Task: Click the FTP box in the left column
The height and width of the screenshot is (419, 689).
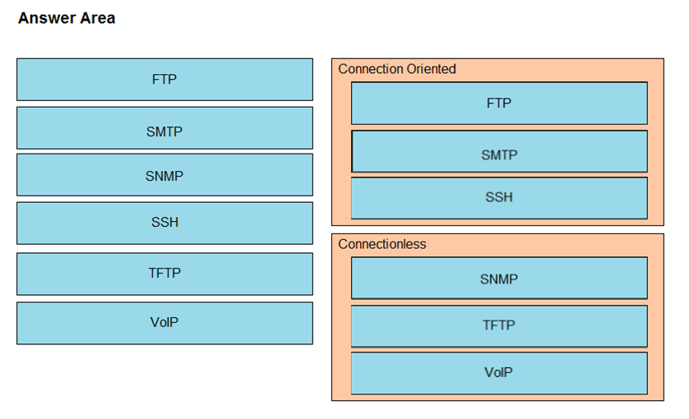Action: (164, 80)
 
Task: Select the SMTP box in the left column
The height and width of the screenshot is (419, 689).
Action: (164, 128)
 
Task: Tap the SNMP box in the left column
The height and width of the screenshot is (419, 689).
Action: (164, 175)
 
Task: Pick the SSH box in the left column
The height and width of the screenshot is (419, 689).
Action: (164, 223)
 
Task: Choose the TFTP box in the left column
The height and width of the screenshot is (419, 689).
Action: (164, 274)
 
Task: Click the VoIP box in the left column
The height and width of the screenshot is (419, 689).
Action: (164, 323)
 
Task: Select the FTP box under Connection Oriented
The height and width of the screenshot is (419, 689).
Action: (499, 104)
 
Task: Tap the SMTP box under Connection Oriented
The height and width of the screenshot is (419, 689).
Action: (499, 151)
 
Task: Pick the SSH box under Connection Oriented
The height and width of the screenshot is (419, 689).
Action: (499, 198)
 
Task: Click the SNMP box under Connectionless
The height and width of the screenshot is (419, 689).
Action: (499, 278)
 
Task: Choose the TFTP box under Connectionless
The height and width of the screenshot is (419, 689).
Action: (499, 326)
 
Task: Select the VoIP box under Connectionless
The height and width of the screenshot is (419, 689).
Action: (499, 373)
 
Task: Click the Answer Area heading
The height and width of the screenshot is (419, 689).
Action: (67, 18)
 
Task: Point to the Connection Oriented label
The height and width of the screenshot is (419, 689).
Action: (397, 69)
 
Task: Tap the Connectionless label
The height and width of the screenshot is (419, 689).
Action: (382, 244)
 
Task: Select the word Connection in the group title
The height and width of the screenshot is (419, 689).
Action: (371, 69)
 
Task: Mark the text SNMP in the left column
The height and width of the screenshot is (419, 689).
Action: (164, 176)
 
